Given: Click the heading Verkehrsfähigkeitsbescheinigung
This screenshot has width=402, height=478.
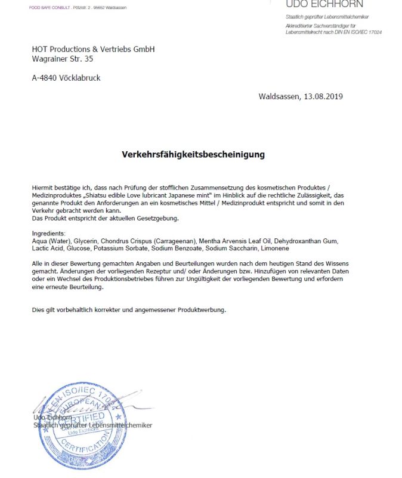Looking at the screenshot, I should (193, 155).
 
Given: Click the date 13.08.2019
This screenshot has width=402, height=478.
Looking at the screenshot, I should (323, 96).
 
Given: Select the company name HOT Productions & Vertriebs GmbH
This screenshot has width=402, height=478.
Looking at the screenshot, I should (93, 50).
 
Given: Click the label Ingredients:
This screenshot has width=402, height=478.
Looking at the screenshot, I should (50, 233).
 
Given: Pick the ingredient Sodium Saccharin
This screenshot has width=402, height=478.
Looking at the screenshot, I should (231, 248).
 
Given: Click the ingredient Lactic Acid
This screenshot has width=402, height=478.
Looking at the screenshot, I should (47, 248).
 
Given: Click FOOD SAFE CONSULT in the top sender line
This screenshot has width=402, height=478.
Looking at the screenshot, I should (50, 8).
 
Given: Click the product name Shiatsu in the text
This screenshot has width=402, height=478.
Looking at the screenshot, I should (102, 195).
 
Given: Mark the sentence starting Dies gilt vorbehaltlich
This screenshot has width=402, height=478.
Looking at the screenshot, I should (129, 310).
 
